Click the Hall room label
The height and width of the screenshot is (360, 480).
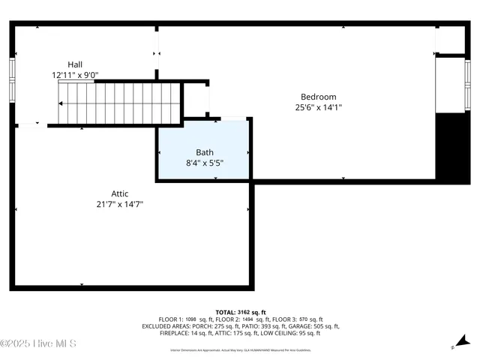75,64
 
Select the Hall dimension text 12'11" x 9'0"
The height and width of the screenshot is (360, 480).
75,75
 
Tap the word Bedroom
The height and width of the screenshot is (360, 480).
318,97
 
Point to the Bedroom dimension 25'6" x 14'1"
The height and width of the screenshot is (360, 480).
318,107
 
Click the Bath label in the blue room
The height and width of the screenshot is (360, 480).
204,152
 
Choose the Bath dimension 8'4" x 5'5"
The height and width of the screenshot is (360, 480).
204,163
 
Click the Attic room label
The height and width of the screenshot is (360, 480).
120,193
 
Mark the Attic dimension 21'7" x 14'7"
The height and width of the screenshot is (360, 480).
120,203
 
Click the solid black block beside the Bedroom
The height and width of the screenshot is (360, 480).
452,147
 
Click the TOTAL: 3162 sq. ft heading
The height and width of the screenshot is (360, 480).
240,312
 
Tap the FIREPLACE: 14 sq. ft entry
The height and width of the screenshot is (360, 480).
187,333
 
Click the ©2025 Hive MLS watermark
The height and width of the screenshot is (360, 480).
39,343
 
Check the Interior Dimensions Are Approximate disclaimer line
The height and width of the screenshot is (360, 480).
240,349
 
